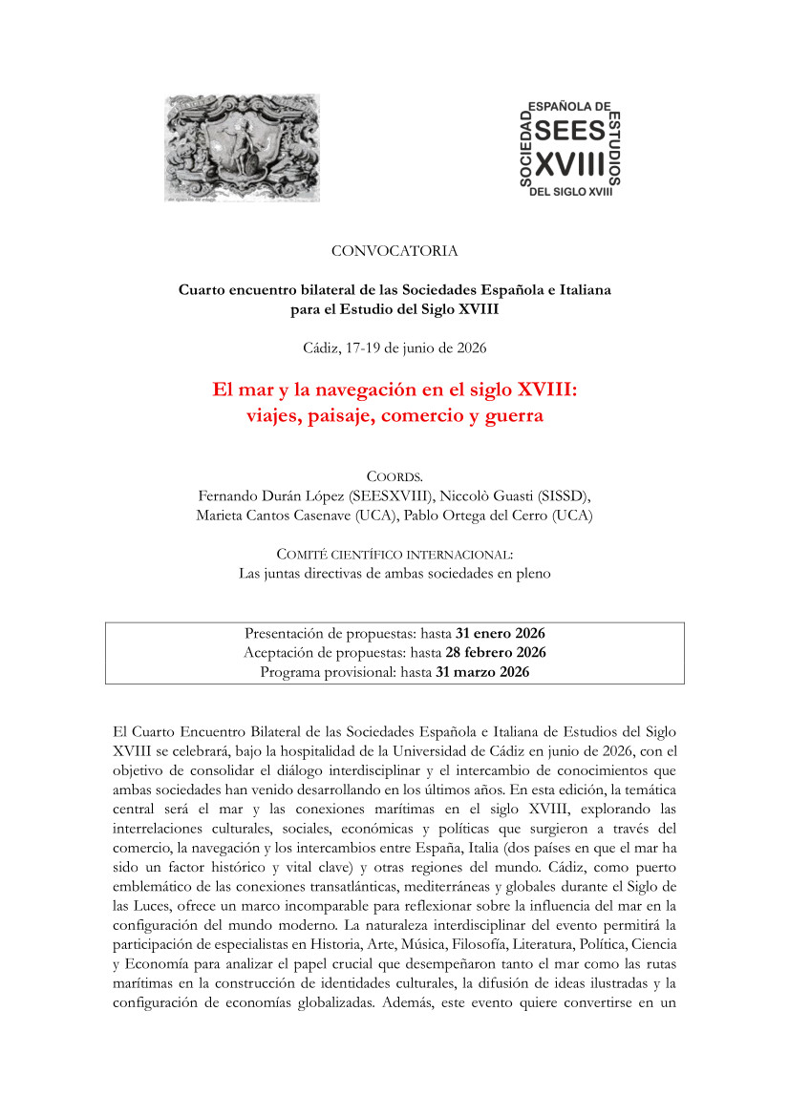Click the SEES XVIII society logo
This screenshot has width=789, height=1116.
(x=570, y=148)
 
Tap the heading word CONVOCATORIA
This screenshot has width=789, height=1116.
(x=394, y=251)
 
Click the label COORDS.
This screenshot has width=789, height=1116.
(x=394, y=476)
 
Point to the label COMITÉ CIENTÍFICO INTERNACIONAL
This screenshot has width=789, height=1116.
(x=394, y=554)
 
